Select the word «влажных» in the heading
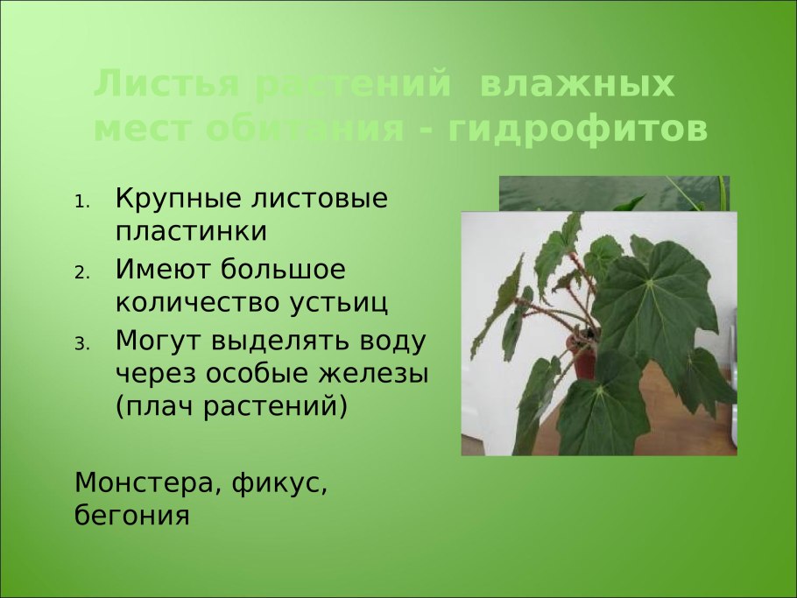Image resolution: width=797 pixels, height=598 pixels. pos(577,86)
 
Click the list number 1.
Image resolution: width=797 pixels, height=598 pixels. pos(81,201)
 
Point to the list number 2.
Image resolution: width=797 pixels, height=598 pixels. pos(81,272)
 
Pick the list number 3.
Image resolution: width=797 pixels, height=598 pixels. pos(81,343)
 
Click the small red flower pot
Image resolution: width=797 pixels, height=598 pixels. pos(583,359)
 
